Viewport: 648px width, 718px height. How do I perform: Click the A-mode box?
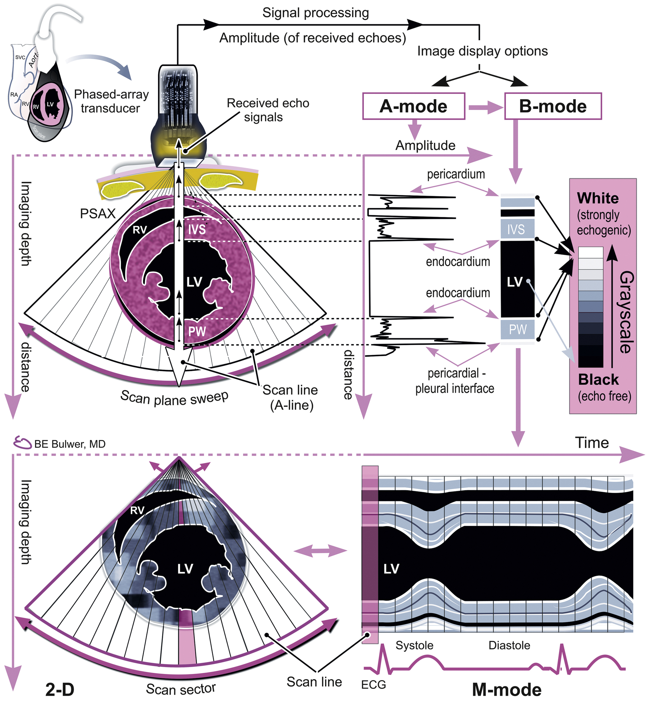pyautogui.click(x=413, y=106)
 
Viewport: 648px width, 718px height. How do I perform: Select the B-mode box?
pyautogui.click(x=553, y=106)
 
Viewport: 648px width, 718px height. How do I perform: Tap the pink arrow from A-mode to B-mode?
pyautogui.click(x=484, y=107)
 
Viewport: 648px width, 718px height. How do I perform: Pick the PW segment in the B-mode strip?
pyautogui.click(x=517, y=329)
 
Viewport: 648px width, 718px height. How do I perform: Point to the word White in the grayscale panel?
pyautogui.click(x=598, y=198)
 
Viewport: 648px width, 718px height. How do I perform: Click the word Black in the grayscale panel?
pyautogui.click(x=598, y=379)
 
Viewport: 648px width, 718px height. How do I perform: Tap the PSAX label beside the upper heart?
pyautogui.click(x=98, y=214)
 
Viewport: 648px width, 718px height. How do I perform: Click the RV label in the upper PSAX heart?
pyautogui.click(x=140, y=230)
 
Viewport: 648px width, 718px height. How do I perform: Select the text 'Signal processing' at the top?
pyautogui.click(x=315, y=13)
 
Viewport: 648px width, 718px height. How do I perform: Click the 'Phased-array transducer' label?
pyautogui.click(x=111, y=101)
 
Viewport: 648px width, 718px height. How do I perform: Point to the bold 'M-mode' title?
pyautogui.click(x=506, y=690)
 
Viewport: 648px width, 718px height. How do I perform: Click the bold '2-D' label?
pyautogui.click(x=60, y=690)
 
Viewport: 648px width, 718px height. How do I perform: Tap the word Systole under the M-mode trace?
pyautogui.click(x=414, y=645)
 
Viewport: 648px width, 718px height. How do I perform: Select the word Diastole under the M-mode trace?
pyautogui.click(x=509, y=645)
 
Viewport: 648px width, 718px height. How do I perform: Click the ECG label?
pyautogui.click(x=373, y=684)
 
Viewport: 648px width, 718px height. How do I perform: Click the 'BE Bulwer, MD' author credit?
pyautogui.click(x=70, y=444)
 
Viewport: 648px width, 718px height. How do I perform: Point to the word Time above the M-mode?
pyautogui.click(x=592, y=443)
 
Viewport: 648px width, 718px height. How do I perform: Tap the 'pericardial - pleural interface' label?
pyautogui.click(x=455, y=381)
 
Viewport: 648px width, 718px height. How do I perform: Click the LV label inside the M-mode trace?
pyautogui.click(x=391, y=569)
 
